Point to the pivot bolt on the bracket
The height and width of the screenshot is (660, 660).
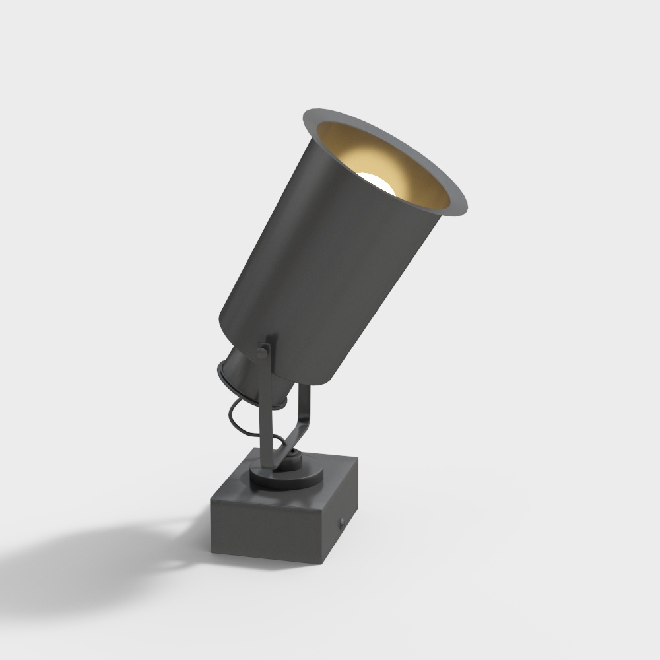coord(262,353)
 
